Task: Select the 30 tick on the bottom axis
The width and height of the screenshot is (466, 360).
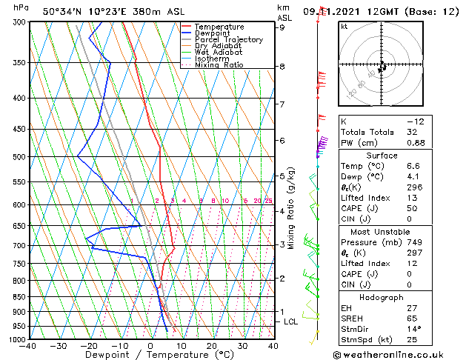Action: click(x=242, y=346)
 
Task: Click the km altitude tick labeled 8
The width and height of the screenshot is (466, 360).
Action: click(x=282, y=67)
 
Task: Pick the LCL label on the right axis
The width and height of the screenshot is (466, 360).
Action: click(x=291, y=321)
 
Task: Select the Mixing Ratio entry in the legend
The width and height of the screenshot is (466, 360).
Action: click(x=219, y=65)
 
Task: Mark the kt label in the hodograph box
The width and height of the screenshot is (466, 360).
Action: click(x=344, y=26)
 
